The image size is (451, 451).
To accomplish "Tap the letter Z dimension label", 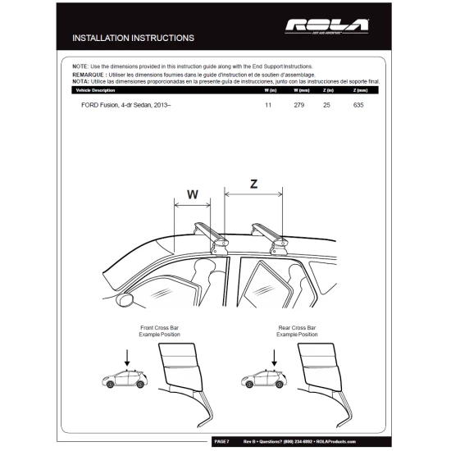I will (x=253, y=184).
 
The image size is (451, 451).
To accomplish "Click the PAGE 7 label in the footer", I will (x=222, y=442).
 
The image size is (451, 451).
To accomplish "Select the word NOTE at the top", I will (x=80, y=66).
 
